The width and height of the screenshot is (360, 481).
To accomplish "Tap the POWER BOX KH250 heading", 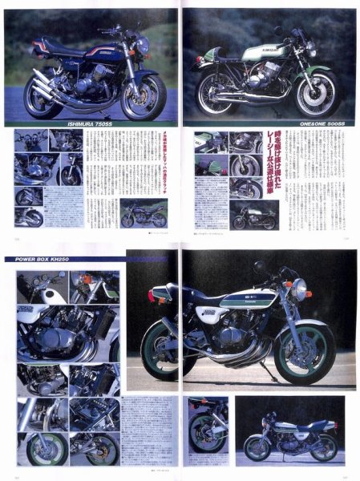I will [x=49, y=259].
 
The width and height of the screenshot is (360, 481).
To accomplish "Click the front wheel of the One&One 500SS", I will [x=314, y=93].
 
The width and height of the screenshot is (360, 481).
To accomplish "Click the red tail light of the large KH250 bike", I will [x=152, y=294].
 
